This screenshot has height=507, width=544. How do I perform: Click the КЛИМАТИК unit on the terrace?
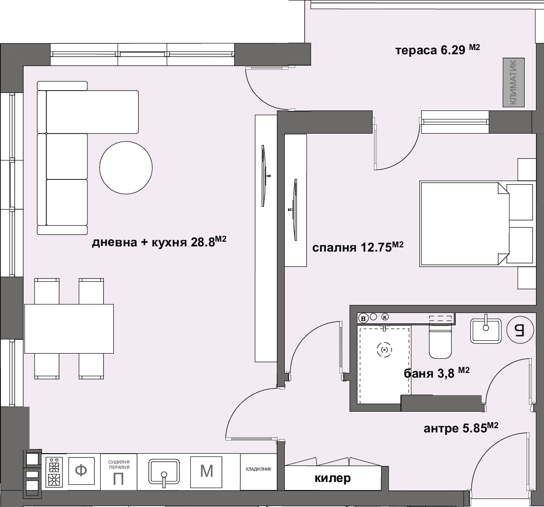[x=513, y=82]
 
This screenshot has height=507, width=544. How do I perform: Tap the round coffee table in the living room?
[x=126, y=168]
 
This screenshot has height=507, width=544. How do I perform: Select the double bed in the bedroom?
[x=476, y=224]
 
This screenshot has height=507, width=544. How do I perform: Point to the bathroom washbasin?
[x=486, y=331]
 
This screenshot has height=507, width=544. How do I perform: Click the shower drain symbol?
[x=384, y=350]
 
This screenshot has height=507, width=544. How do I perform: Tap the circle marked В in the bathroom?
[x=363, y=318]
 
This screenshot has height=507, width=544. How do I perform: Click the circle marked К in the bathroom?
[x=385, y=317]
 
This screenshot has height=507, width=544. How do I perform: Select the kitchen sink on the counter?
[x=164, y=471]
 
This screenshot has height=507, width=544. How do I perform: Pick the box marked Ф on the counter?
[x=82, y=471]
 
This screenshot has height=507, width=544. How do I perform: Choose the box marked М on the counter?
[x=206, y=472]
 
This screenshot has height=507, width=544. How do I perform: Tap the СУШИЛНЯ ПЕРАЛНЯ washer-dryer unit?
[x=119, y=472]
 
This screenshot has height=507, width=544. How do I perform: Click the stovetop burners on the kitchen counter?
[x=54, y=472]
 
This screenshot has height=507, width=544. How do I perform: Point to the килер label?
[x=333, y=478]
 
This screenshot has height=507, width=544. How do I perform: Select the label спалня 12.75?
[x=357, y=247]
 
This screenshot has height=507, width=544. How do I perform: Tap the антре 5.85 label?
[x=461, y=428]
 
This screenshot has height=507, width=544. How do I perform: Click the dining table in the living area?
[x=69, y=329]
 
